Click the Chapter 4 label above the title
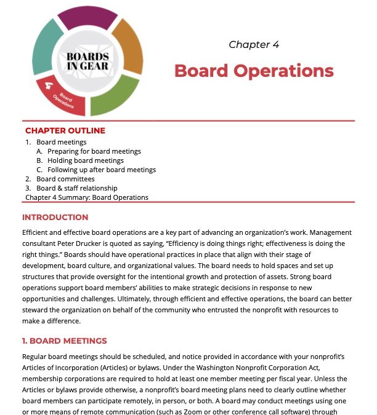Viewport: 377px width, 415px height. [x=254, y=44]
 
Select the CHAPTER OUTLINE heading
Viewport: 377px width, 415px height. [x=65, y=130]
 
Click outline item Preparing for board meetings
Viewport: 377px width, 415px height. [x=94, y=151]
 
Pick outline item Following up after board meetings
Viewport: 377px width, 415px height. [x=101, y=170]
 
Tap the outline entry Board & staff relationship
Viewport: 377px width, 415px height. [x=76, y=188]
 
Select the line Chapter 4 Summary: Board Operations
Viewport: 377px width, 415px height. [x=87, y=197]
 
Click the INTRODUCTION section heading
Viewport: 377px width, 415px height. [x=55, y=217]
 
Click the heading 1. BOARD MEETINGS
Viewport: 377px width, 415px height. [x=64, y=341]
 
